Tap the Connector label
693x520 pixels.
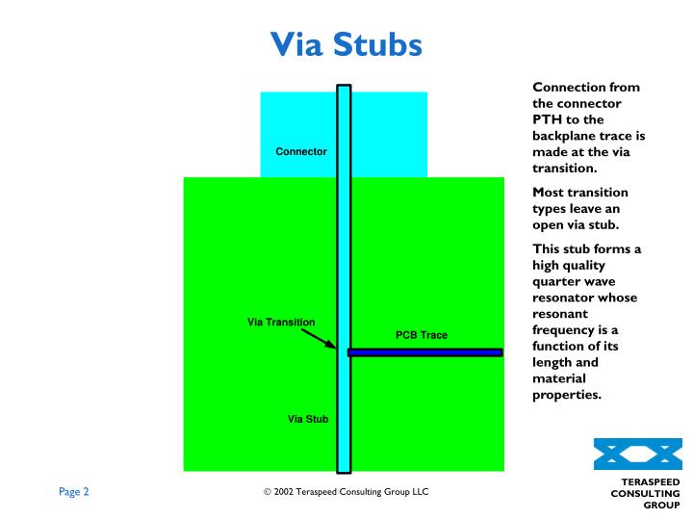click(x=301, y=152)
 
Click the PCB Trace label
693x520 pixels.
click(x=422, y=335)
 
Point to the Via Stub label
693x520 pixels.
click(x=308, y=419)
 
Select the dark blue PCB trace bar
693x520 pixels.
click(x=424, y=352)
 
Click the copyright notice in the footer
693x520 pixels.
click(x=346, y=492)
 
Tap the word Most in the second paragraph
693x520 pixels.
click(x=551, y=194)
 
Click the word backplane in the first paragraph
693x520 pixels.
click(x=568, y=137)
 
